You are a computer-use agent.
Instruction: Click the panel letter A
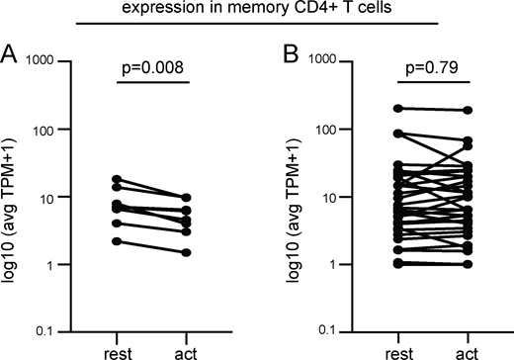(11, 52)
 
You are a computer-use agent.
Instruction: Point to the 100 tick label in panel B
(323, 129)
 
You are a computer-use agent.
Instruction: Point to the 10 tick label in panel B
(327, 197)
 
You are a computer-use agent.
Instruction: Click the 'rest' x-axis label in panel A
(116, 350)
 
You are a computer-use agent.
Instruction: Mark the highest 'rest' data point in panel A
(117, 179)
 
